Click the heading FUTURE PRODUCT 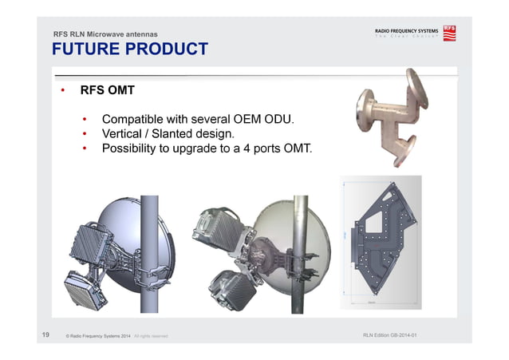[x=129, y=49]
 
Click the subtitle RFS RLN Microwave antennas [x=105, y=34]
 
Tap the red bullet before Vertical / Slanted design [x=86, y=133]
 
